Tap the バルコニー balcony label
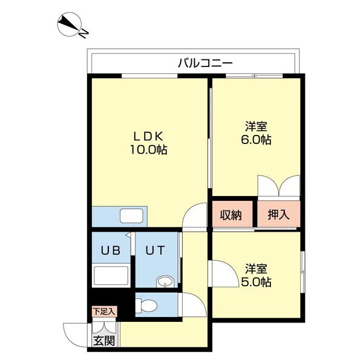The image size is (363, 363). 205,62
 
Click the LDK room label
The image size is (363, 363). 148,136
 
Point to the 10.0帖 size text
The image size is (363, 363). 148,149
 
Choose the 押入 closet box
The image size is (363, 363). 278,214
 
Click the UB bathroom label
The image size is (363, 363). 111,249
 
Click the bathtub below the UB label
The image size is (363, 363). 111,276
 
